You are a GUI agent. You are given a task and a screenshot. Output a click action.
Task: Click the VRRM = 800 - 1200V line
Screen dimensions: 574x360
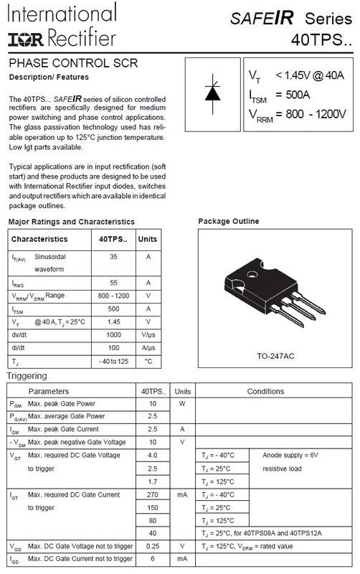pos(297,113)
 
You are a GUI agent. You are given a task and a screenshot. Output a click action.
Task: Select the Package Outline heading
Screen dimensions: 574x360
pos(228,222)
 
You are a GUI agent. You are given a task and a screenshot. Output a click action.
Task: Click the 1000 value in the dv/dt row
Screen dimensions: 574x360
pos(113,335)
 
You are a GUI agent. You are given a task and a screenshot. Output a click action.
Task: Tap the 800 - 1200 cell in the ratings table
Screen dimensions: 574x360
pos(113,296)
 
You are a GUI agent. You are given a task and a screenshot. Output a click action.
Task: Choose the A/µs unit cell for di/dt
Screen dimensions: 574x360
pos(148,348)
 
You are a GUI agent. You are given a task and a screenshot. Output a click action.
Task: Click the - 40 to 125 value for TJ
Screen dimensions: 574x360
pos(113,361)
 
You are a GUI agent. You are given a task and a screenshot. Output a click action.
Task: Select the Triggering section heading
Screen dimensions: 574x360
pos(27,376)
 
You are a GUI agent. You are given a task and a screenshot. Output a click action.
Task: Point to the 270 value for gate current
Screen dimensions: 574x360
pos(153,495)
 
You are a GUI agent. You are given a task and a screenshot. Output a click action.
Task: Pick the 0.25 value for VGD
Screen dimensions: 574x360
pos(153,546)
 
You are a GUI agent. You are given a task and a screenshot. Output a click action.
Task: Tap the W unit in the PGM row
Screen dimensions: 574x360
pos(182,403)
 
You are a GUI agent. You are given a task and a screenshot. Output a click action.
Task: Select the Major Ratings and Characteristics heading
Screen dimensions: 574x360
pos(71,222)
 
